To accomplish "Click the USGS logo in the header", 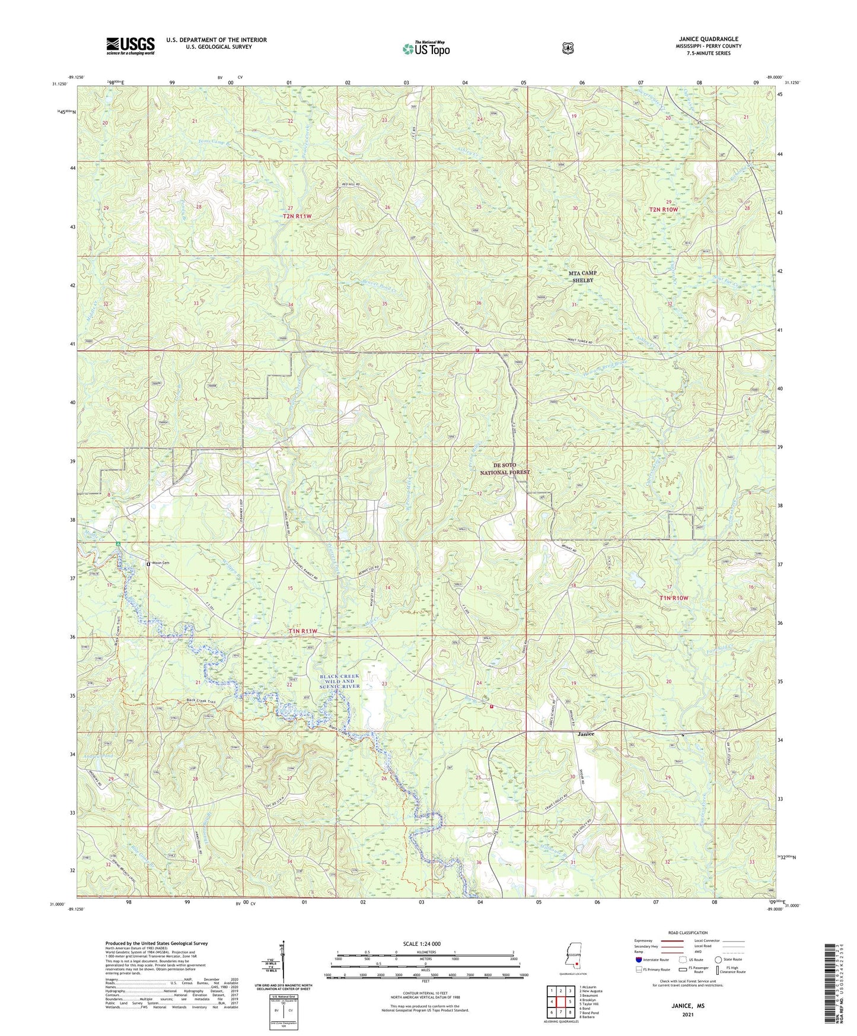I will click(x=130, y=46).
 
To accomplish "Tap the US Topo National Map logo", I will click(x=426, y=49).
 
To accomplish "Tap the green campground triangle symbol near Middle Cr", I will click(x=119, y=544).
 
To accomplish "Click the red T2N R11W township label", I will click(x=297, y=217).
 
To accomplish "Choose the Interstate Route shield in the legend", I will click(x=639, y=959).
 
